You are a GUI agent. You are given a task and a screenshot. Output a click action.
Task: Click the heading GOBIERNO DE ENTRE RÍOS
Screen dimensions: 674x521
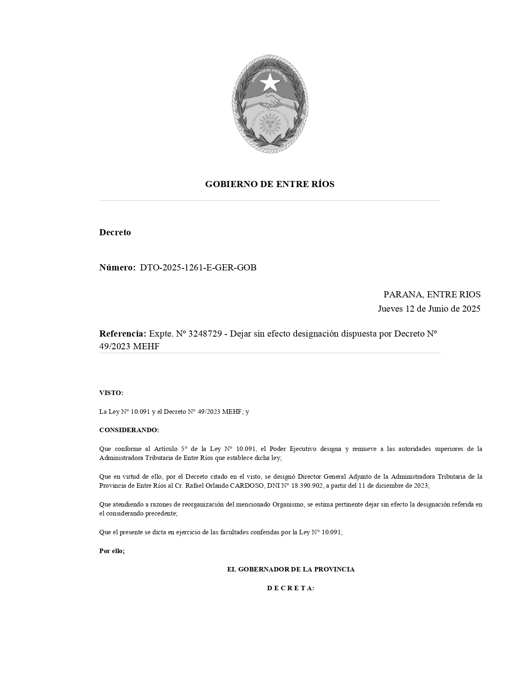(270, 184)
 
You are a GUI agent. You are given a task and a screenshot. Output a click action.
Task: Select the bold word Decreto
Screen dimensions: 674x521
(115, 232)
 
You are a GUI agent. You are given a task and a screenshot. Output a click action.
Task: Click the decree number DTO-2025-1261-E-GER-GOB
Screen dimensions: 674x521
(198, 268)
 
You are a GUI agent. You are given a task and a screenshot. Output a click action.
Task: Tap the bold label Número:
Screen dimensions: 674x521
(117, 268)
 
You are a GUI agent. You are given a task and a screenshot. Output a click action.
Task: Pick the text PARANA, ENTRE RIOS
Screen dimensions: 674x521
(432, 294)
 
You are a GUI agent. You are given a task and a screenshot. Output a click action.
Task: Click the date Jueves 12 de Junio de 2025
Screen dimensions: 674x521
(429, 308)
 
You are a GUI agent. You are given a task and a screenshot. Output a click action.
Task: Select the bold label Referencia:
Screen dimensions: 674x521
(123, 333)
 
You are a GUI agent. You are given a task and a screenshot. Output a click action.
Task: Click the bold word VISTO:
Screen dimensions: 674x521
(111, 393)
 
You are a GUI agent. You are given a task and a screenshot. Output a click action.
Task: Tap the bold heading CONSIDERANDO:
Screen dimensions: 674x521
(129, 430)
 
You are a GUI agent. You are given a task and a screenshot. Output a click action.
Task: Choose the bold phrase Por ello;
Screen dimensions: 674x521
(112, 551)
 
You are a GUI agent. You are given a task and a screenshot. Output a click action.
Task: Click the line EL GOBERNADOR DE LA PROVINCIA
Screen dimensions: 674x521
(291, 569)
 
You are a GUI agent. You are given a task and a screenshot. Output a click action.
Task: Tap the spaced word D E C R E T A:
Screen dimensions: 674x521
(291, 588)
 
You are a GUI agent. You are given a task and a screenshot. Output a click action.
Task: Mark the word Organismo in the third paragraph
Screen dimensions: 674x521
(288, 504)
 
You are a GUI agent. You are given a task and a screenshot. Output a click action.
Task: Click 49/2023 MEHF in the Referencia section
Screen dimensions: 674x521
(129, 346)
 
